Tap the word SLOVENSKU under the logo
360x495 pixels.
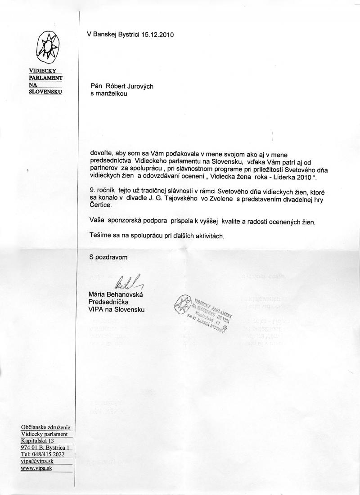(x=45, y=92)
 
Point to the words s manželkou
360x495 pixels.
(x=109, y=94)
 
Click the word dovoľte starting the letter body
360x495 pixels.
(x=102, y=154)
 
